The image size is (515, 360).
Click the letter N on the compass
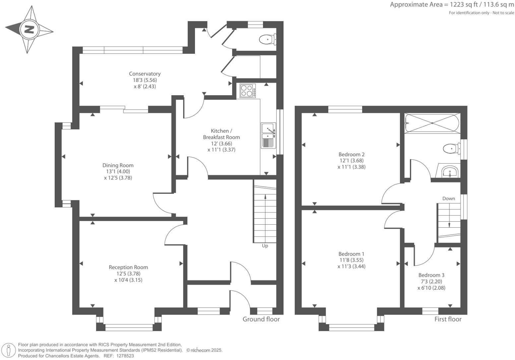click(30, 30)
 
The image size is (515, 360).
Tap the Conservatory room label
click(145, 74)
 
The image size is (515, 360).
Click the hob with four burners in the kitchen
click(248, 91)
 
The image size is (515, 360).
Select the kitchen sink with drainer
click(268, 135)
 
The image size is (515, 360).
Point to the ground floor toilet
click(268, 40)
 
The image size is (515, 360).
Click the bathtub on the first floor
click(432, 123)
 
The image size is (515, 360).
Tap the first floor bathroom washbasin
click(450, 172)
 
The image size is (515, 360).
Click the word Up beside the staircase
click(265, 246)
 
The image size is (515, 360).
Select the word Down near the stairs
click(449, 198)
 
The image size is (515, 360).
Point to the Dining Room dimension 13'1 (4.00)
click(118, 172)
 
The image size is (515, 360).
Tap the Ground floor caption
click(261, 319)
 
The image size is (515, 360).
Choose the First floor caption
click(448, 319)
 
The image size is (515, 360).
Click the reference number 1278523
click(125, 356)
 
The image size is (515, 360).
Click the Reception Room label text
click(128, 267)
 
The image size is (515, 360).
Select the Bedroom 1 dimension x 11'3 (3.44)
click(351, 266)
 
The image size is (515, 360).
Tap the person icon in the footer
click(9, 351)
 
